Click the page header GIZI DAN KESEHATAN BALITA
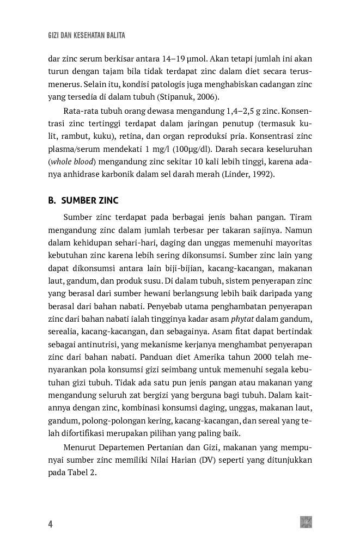pyautogui.click(x=87, y=35)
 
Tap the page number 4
pyautogui.click(x=50, y=524)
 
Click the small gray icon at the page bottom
pyautogui.click(x=306, y=522)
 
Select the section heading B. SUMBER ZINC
pyautogui.click(x=83, y=200)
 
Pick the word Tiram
pyautogui.click(x=298, y=217)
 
